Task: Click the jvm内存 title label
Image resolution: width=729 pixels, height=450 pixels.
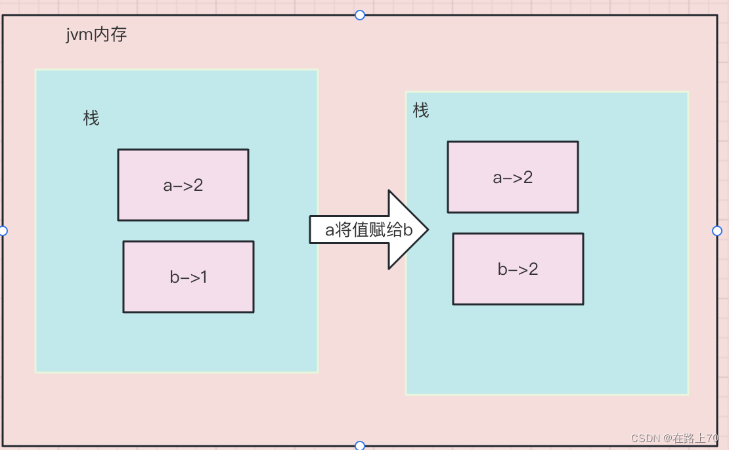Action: point(96,35)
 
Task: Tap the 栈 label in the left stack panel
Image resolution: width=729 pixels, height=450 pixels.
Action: point(91,119)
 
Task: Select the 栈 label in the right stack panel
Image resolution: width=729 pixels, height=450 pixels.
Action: point(421,111)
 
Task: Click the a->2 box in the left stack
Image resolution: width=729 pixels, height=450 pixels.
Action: point(183,185)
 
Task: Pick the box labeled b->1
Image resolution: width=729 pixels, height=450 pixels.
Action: point(188,277)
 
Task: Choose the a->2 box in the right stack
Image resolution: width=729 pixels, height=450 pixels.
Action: point(513,177)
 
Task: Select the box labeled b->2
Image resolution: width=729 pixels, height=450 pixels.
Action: point(518,269)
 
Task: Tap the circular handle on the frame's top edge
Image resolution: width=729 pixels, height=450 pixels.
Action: point(359,15)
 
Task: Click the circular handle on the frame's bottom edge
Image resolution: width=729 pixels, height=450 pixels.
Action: point(359,446)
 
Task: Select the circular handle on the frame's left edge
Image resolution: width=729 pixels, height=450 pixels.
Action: point(3,231)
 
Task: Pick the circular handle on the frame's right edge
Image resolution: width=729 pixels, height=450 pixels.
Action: point(717,231)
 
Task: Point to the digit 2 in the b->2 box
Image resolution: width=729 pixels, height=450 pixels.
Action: point(533,269)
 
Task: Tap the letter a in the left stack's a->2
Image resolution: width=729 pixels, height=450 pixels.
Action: point(167,186)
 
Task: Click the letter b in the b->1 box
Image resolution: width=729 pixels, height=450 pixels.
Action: point(175,277)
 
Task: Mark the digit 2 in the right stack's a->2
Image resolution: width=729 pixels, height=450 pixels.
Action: point(527,177)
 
